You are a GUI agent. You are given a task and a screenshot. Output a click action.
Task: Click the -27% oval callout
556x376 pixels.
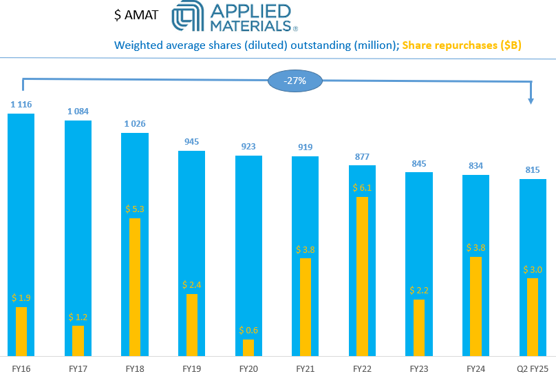[x=295, y=81]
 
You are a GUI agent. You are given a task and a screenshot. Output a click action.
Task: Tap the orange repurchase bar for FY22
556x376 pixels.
[x=363, y=275]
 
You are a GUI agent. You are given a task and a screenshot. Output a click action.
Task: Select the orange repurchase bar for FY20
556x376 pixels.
[x=248, y=347]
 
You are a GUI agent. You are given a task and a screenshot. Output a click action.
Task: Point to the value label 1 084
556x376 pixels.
[x=78, y=111]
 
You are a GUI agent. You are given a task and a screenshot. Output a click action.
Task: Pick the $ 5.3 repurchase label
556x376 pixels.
[x=135, y=209]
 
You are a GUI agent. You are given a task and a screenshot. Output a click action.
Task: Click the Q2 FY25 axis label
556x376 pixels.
[x=533, y=370]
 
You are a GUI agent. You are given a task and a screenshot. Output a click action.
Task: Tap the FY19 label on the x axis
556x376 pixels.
[x=191, y=370]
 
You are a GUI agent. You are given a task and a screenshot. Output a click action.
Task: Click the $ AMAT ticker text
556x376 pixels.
[x=136, y=15]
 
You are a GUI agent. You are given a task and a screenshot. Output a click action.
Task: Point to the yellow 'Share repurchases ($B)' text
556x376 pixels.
[x=462, y=46]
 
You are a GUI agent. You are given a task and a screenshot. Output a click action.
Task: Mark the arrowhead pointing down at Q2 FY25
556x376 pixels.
[x=531, y=101]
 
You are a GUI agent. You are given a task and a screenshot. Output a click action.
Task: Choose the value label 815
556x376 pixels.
[x=533, y=169]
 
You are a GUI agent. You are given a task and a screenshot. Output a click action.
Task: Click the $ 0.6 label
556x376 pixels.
[x=248, y=330]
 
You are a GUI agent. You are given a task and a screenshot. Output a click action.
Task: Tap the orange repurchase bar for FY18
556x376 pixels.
[x=135, y=286]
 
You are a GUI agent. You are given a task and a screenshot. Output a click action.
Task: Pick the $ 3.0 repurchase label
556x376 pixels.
[x=533, y=269]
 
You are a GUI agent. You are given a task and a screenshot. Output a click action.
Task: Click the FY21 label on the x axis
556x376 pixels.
[x=306, y=370]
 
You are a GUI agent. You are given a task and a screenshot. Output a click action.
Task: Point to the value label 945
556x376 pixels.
[x=191, y=141]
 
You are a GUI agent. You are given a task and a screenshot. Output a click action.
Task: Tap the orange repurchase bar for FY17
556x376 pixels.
[x=78, y=340]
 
